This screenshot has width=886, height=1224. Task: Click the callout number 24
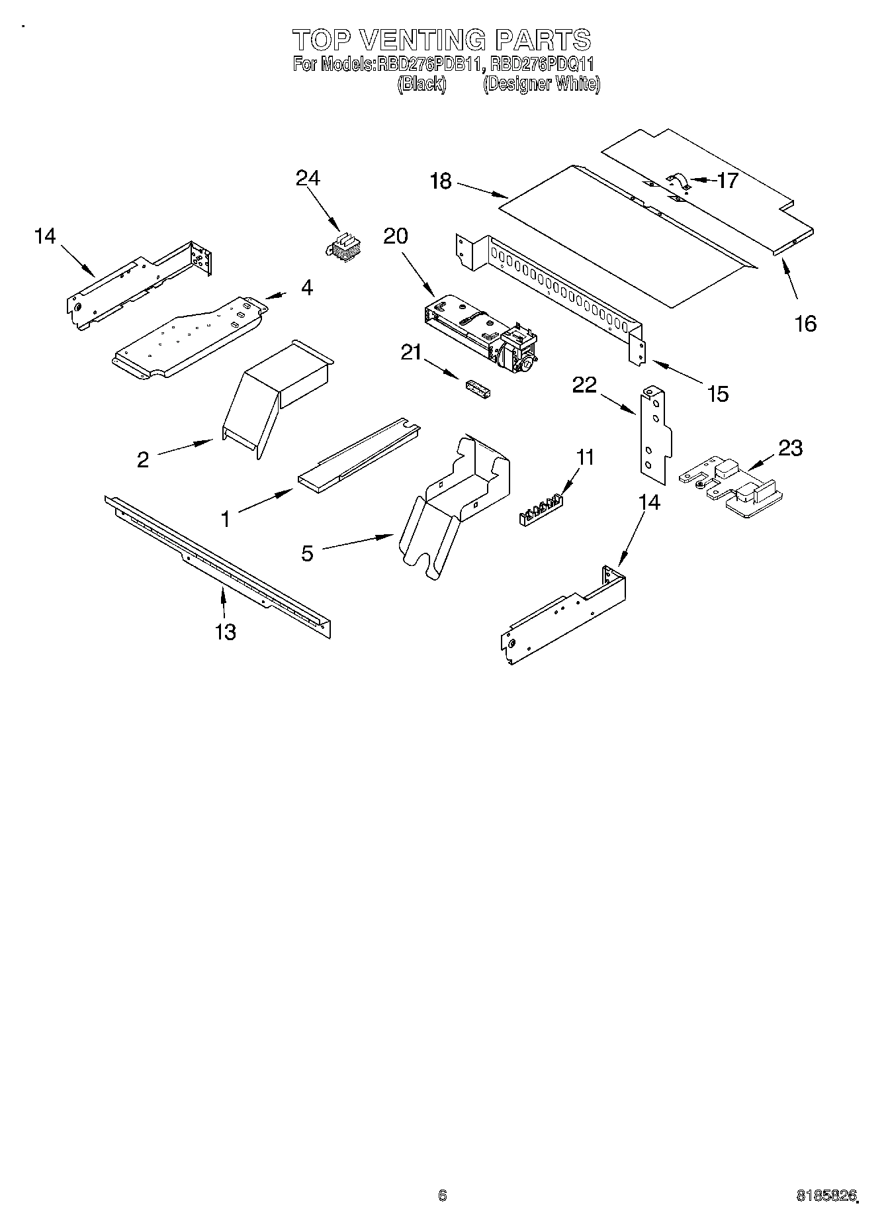(308, 178)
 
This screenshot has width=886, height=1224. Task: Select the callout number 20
(396, 236)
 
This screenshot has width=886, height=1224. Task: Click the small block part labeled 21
(479, 389)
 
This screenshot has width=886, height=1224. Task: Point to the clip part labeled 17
(677, 181)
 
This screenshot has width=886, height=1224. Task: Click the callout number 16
(805, 324)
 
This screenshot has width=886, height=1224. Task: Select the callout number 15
(717, 394)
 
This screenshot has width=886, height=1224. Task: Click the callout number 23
(790, 448)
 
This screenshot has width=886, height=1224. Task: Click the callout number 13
(225, 632)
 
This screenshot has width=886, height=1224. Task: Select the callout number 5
(307, 553)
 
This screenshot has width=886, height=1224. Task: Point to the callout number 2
(143, 459)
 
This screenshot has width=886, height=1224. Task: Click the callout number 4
(307, 287)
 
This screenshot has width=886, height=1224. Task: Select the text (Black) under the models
(421, 85)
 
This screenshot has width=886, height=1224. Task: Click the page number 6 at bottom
(442, 1195)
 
